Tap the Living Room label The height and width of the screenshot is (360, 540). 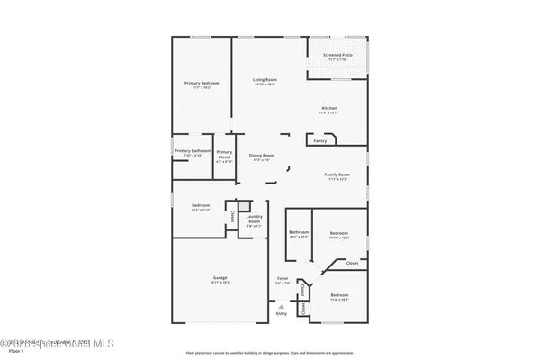click(x=264, y=80)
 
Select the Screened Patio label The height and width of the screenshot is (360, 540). click(x=337, y=56)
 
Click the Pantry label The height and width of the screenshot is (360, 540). click(x=320, y=140)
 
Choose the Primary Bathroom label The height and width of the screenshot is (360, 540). click(x=193, y=151)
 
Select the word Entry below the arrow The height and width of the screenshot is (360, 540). click(x=282, y=313)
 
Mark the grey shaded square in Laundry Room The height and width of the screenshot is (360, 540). click(x=242, y=206)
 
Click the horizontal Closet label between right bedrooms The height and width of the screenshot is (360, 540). click(x=352, y=263)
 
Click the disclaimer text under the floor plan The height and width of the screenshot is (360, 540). click(x=270, y=352)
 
